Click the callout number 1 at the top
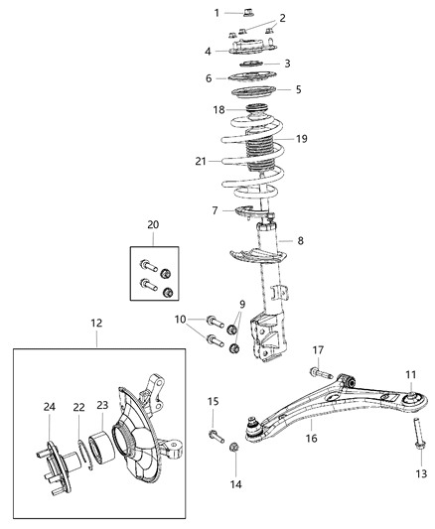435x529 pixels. tap(217, 13)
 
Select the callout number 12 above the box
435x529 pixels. tap(96, 323)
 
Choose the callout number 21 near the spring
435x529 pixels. tap(201, 159)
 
